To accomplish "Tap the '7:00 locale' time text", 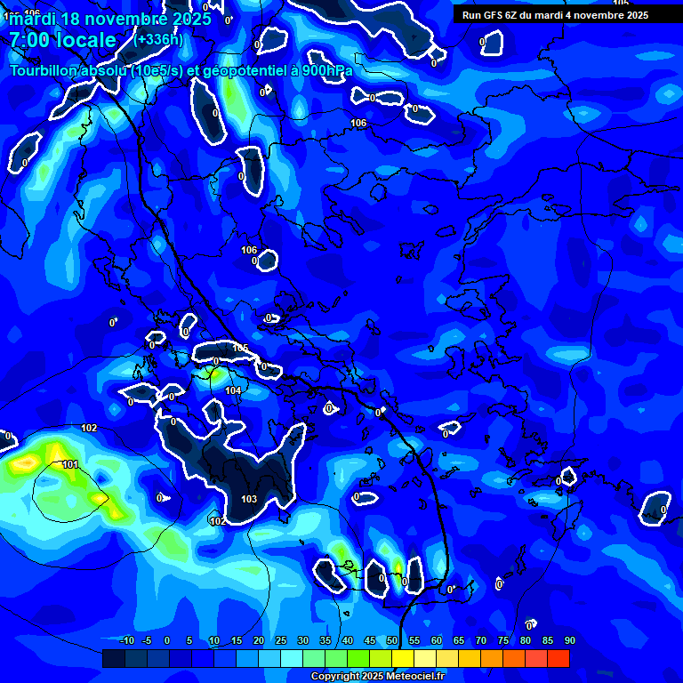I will [x=62, y=40].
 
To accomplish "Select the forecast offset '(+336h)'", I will [x=158, y=39].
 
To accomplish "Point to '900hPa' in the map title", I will [x=325, y=71].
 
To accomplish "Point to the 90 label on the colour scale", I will [x=569, y=640].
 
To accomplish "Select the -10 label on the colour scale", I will [x=126, y=640].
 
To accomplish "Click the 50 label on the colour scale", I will [x=392, y=640].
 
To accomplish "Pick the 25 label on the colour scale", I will [x=281, y=640].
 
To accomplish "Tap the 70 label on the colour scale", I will [x=481, y=640].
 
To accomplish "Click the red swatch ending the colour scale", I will [x=558, y=658].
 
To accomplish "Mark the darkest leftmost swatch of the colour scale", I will [x=114, y=658].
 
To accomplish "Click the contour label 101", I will [x=70, y=465].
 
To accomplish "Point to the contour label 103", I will [x=249, y=499].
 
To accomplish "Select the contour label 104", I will [x=233, y=390].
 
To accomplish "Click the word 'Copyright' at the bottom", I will [x=335, y=677].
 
